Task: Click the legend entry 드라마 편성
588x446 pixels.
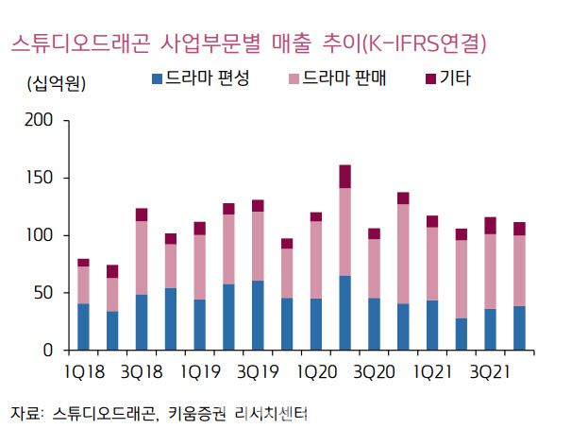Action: pos(199,79)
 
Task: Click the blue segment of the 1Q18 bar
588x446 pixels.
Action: pos(83,327)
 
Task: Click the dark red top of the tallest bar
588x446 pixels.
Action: pos(344,177)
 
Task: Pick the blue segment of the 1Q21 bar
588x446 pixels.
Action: pos(432,325)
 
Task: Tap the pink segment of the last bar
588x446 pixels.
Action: pos(519,270)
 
